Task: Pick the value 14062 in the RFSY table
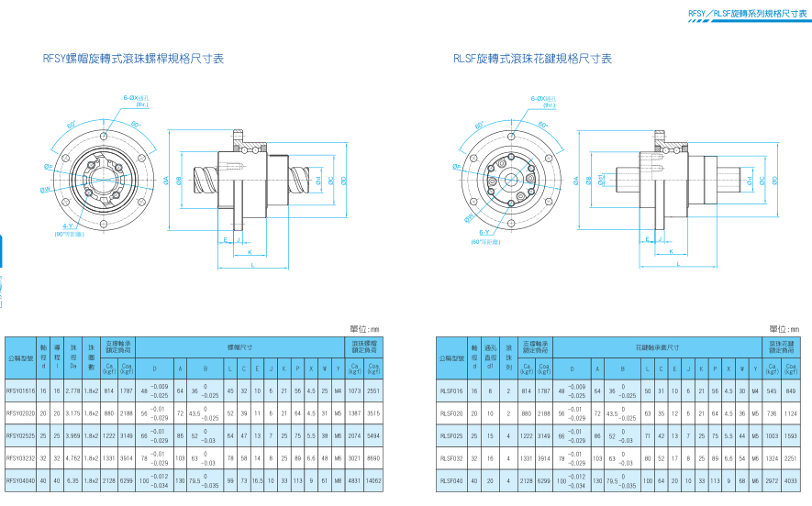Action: pyautogui.click(x=373, y=479)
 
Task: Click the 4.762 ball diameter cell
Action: pyautogui.click(x=72, y=456)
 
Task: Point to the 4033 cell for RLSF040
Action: pyautogui.click(x=791, y=479)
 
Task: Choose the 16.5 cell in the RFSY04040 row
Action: pyautogui.click(x=258, y=479)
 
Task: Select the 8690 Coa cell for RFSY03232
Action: pyautogui.click(x=373, y=456)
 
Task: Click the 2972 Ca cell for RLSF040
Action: pyautogui.click(x=772, y=479)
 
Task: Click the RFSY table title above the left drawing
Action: pyautogui.click(x=133, y=59)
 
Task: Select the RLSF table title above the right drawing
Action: pyautogui.click(x=532, y=59)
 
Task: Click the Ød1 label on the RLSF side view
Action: pyautogui.click(x=602, y=180)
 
